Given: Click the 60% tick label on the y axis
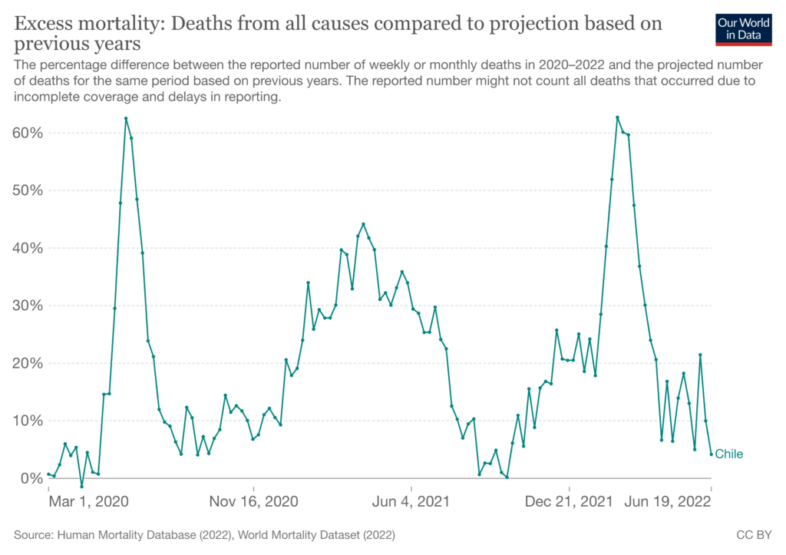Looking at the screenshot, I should [x=28, y=133].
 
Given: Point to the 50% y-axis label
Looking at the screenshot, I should [x=28, y=190].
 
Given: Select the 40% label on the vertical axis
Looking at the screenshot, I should [x=28, y=248].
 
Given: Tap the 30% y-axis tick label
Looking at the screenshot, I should [x=28, y=306].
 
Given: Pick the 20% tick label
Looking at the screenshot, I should [x=28, y=363].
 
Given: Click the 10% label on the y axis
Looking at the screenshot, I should [x=28, y=421].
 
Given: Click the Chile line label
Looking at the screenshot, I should [x=729, y=454].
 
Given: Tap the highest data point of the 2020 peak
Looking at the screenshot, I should [x=126, y=119].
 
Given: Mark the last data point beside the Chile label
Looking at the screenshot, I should [x=712, y=454].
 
